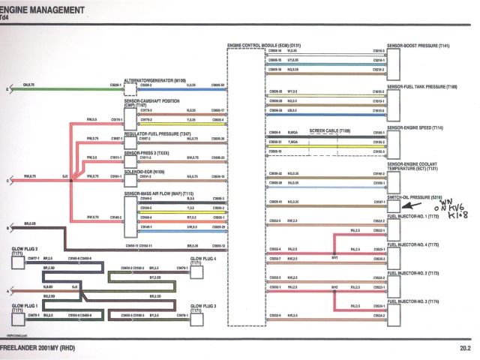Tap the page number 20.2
(x=465, y=348)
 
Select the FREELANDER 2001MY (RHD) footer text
(x=39, y=348)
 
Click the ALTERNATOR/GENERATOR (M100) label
(x=154, y=79)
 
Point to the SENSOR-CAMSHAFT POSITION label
(x=151, y=100)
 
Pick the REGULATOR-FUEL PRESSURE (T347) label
(x=155, y=133)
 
